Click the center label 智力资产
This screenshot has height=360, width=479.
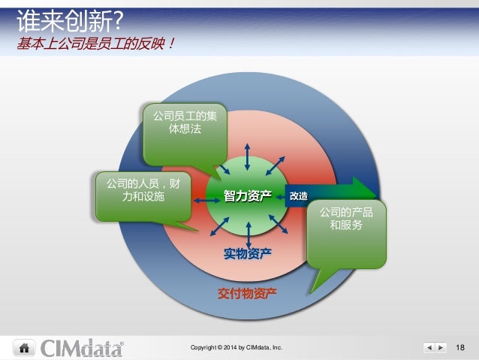(x=247, y=196)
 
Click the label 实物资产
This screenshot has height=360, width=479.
(x=248, y=255)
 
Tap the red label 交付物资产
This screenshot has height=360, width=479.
(x=247, y=292)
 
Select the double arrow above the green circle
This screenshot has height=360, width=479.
(x=247, y=156)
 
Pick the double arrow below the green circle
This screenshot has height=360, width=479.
(x=247, y=234)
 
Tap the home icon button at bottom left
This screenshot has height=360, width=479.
(x=24, y=347)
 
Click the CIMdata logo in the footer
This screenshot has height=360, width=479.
(x=83, y=347)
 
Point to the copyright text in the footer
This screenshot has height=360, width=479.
(x=236, y=348)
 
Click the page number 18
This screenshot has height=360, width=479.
(x=460, y=347)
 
